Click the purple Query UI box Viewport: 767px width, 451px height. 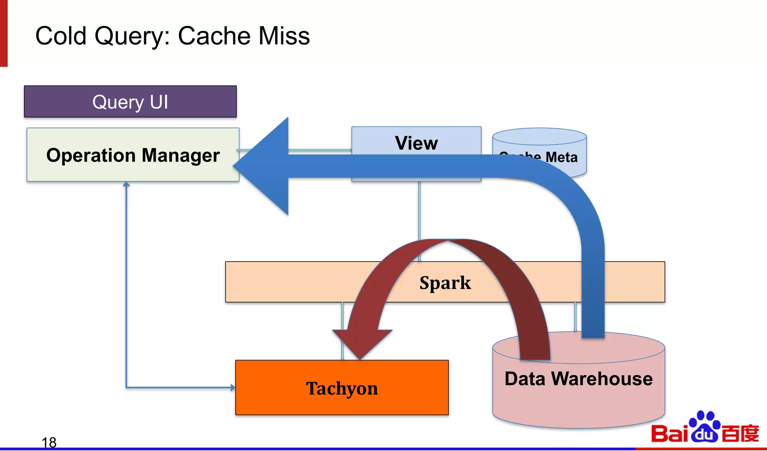[130, 102]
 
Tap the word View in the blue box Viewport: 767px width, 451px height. [416, 143]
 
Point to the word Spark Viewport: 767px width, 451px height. [445, 283]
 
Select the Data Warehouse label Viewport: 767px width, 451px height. [578, 379]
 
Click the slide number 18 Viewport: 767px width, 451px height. [49, 442]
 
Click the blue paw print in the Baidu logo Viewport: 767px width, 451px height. [704, 427]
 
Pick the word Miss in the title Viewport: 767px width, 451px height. [284, 36]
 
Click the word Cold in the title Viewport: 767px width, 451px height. [61, 36]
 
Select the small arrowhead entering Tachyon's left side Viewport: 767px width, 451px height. [233, 387]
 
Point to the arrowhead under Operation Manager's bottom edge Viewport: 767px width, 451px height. [127, 184]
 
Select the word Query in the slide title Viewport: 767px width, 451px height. [131, 37]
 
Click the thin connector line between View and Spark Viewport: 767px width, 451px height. [419, 210]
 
